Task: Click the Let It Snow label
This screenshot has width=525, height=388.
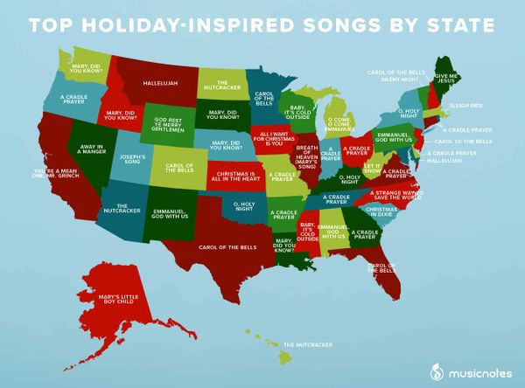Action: (373, 167)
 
